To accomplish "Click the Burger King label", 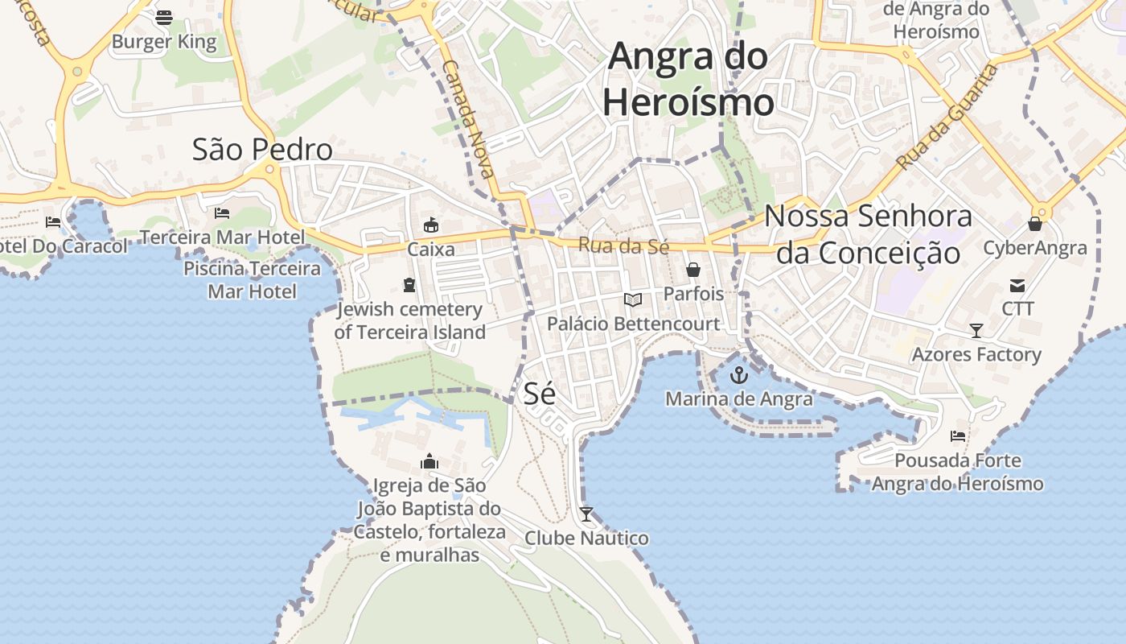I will [164, 42].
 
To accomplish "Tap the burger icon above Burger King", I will [164, 17].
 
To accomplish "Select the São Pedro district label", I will [262, 150].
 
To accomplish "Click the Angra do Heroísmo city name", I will [688, 80].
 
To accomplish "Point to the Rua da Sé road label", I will [623, 246].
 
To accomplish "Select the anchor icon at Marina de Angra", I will [738, 374].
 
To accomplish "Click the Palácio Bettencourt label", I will [633, 324].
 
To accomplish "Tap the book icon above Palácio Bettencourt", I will [633, 300].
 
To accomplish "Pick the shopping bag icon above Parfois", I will [693, 270].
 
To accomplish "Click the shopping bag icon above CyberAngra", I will [1035, 224].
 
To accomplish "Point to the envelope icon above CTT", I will [1017, 285].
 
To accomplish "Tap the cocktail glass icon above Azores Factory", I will [976, 330].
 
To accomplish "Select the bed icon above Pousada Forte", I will [958, 436].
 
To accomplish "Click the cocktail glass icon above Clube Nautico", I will [586, 514].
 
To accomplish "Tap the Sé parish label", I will [540, 394].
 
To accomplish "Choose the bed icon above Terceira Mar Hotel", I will [222, 213].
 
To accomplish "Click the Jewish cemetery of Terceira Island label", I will [409, 320].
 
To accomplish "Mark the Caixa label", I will [431, 250].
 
